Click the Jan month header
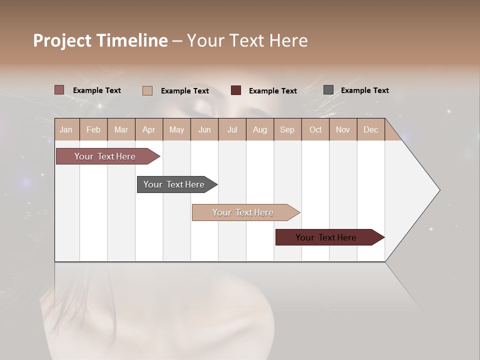pos(66,129)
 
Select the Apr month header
pos(148,129)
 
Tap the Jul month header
pos(232,129)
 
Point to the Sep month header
pos(287,129)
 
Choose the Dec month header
pos(370,129)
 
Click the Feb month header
pos(93,129)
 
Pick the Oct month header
pos(315,129)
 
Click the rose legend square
pos(59,90)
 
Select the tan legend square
pos(147,90)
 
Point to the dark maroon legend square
pos(236,90)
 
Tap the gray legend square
pos(328,90)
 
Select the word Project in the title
pos(62,40)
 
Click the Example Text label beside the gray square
pos(364,90)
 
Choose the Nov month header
pos(342,129)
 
